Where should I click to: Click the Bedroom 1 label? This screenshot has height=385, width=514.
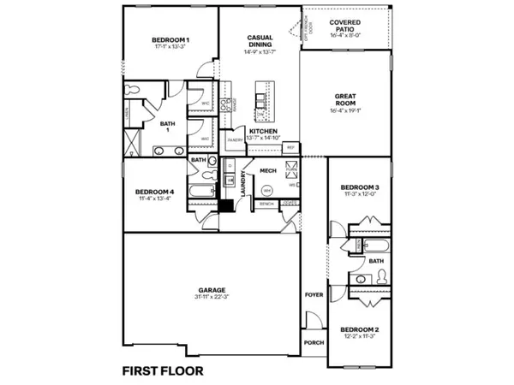tap(170, 40)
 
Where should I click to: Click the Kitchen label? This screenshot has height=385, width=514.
tap(262, 131)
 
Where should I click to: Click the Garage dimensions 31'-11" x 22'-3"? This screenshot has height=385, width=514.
tap(211, 297)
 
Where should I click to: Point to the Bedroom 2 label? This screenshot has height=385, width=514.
tap(359, 329)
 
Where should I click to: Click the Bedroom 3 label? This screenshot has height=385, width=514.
tap(359, 187)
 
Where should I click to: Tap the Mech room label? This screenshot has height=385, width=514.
tap(267, 171)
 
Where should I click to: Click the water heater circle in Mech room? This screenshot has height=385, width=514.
tap(266, 190)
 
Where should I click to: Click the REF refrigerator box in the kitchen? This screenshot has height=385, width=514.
tap(290, 148)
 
